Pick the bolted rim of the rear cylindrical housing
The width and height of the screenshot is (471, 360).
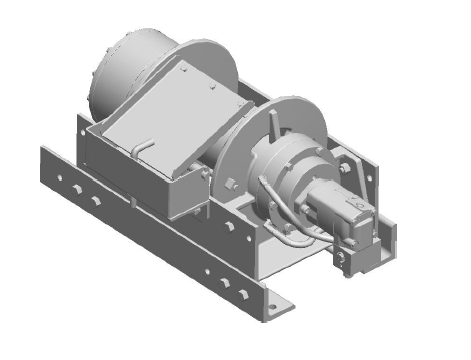96,77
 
